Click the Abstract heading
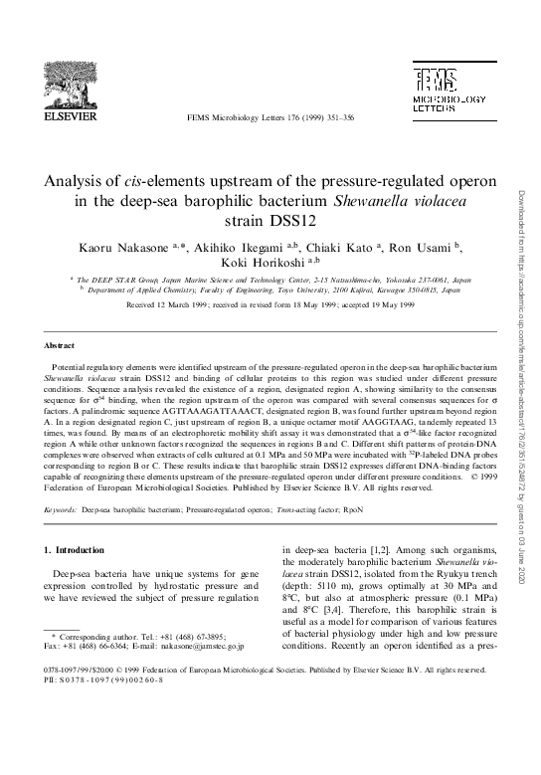tap(61, 344)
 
